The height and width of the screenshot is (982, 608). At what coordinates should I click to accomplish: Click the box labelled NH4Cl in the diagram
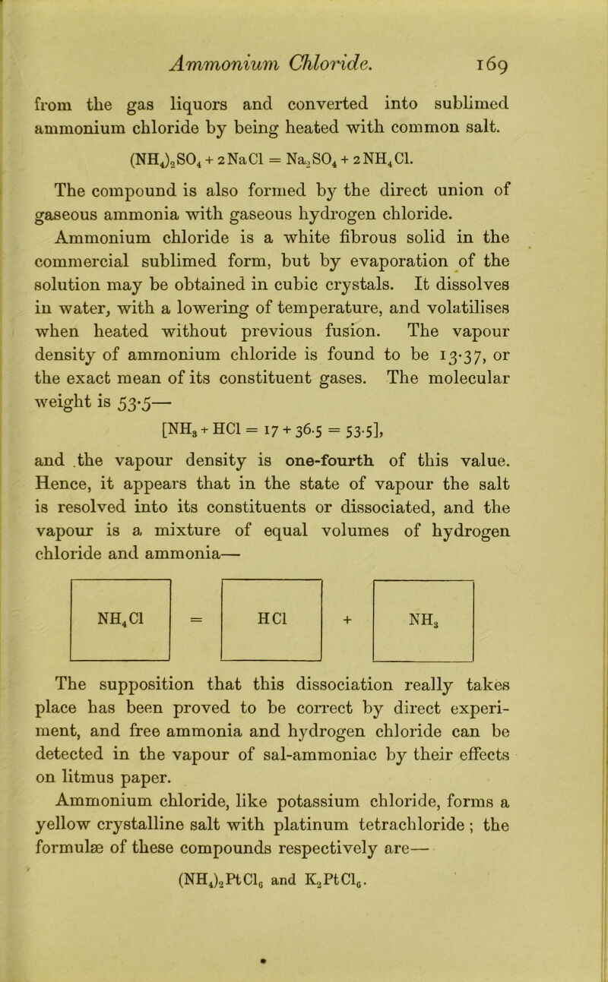coord(121,586)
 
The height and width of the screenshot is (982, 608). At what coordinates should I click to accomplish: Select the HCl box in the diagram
coord(272,586)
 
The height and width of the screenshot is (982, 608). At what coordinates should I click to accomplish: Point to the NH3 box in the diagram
coord(423,586)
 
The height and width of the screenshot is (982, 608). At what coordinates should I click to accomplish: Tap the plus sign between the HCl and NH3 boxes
coord(349,586)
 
